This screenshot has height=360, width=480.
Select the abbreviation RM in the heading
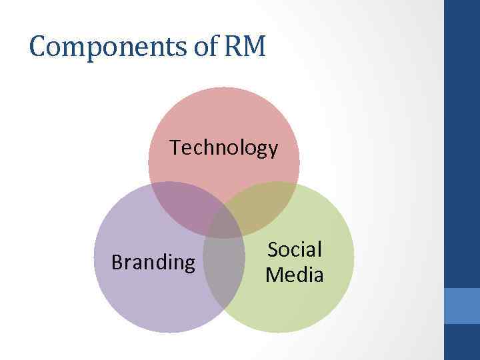(x=248, y=47)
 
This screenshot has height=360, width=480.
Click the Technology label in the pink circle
(x=224, y=147)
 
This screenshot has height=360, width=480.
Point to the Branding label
(x=153, y=263)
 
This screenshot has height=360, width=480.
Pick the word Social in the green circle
(x=295, y=250)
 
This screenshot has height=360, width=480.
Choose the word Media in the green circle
(x=295, y=274)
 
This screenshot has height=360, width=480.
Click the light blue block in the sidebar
(x=461, y=305)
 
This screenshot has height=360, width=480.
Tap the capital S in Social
(x=273, y=250)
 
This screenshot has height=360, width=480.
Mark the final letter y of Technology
(x=273, y=150)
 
